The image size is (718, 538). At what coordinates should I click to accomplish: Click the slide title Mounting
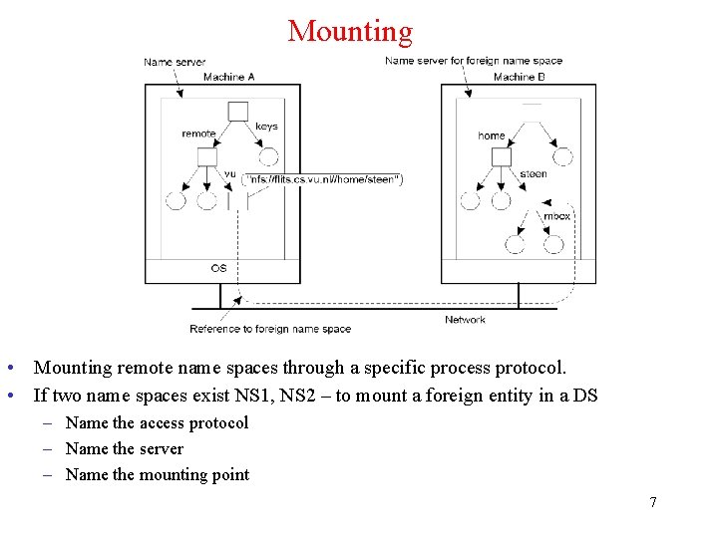[x=350, y=31]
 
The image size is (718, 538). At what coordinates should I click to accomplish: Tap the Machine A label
[x=228, y=77]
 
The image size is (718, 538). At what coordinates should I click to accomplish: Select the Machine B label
[x=519, y=77]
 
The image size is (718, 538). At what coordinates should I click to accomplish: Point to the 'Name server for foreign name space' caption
[x=474, y=61]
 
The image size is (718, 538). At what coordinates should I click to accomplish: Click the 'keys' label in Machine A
[x=266, y=127]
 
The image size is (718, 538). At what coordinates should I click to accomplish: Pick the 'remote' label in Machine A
[x=198, y=134]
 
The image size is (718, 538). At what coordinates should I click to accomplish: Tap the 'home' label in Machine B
[x=492, y=135]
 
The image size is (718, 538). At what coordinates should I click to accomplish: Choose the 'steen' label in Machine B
[x=534, y=174]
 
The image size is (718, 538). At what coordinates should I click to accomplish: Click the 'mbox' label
[x=556, y=216]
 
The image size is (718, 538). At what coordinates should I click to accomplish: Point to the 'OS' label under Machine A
[x=218, y=268]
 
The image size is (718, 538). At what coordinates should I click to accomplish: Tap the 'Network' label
[x=465, y=320]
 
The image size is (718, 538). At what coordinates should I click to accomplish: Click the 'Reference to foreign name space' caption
[x=270, y=329]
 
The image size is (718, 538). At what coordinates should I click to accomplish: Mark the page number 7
[x=653, y=502]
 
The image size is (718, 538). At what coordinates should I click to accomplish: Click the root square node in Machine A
[x=237, y=111]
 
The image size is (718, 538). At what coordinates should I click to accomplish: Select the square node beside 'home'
[x=501, y=156]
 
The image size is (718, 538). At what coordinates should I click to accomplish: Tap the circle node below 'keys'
[x=267, y=156]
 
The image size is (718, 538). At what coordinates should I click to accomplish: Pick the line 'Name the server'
[x=125, y=448]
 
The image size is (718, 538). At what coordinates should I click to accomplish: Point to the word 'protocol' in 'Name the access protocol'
[x=218, y=422]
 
